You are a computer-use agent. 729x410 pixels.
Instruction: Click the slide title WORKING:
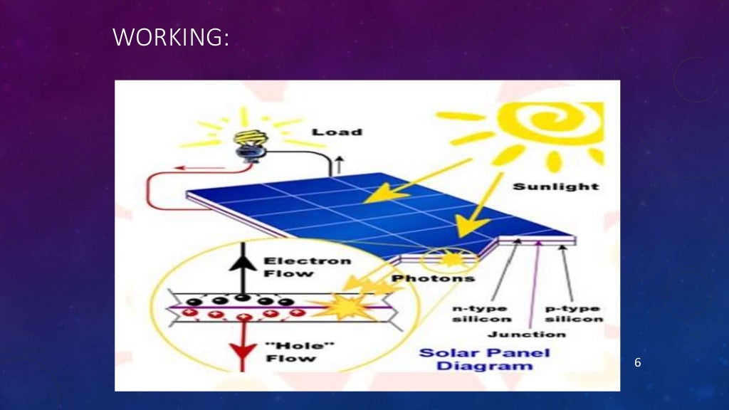pos(171,37)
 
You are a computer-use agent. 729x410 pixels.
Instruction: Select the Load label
pos(337,132)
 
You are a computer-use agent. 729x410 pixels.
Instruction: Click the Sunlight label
pos(555,186)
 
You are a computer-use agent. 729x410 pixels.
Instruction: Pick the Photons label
pos(424,278)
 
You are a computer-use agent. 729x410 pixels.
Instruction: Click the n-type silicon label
pos(481,313)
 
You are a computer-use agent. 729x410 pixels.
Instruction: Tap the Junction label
pos(527,333)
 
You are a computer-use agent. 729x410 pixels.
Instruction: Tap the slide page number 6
pos(638,363)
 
